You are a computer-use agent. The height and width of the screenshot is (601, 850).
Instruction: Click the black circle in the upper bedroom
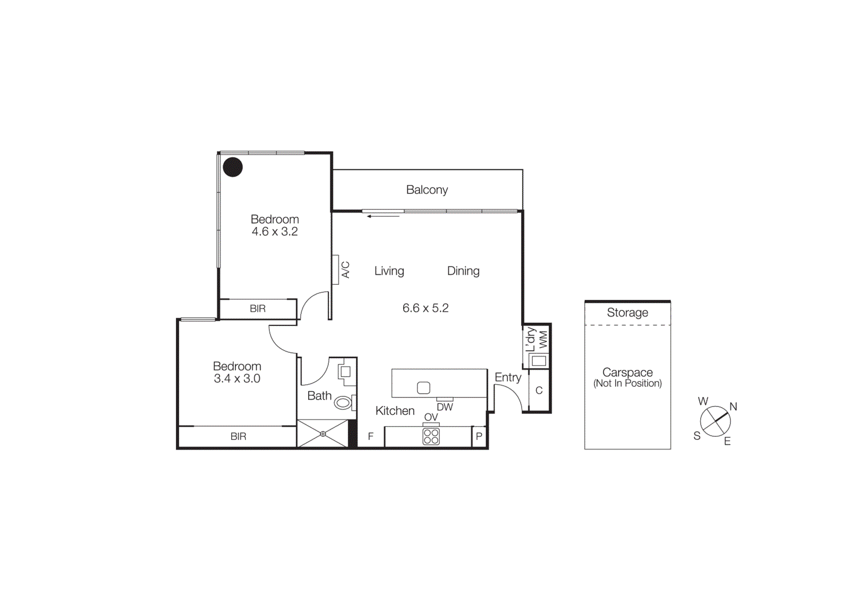click(233, 167)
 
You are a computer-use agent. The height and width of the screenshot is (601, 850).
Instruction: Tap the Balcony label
click(427, 190)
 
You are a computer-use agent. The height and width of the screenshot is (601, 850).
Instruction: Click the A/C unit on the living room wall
click(336, 270)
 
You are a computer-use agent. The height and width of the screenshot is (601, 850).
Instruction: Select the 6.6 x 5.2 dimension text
click(426, 308)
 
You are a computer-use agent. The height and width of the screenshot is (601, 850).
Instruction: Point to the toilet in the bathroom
click(343, 403)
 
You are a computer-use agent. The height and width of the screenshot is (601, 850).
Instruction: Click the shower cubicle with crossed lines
click(323, 434)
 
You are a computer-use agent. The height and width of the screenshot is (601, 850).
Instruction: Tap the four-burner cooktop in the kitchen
click(431, 437)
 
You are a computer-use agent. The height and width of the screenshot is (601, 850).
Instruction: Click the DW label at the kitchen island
click(445, 407)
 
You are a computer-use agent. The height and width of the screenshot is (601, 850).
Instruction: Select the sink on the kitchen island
click(423, 388)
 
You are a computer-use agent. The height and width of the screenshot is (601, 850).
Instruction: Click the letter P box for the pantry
click(479, 437)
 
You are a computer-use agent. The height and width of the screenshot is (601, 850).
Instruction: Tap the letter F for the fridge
click(371, 436)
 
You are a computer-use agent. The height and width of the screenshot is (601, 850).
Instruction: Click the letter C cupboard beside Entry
click(539, 391)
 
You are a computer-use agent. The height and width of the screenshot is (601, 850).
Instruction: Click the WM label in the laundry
click(543, 340)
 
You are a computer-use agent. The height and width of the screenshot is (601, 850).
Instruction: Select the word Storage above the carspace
click(627, 312)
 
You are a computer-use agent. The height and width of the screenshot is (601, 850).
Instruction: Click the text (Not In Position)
click(627, 383)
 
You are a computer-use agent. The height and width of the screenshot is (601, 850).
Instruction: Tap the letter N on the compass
click(733, 407)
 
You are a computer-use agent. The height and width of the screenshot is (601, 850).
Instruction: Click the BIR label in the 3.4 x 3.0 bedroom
click(238, 436)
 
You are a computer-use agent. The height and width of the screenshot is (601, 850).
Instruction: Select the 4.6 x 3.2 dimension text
click(275, 232)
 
